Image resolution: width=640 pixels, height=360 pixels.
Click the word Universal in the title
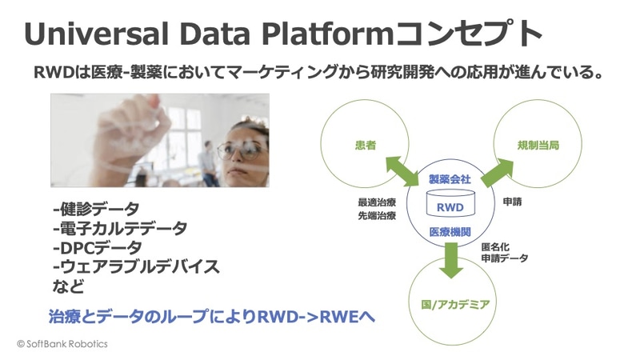96,34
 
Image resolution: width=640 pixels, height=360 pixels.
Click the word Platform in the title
326,34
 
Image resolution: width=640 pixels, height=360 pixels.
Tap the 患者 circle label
366,146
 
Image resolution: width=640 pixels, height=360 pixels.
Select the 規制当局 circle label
538,146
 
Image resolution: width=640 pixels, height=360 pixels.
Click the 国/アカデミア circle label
455,305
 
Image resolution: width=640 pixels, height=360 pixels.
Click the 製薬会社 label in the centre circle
450,179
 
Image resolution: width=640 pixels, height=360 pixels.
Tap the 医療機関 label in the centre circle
450,232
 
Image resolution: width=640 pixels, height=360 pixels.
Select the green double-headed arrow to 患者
402,170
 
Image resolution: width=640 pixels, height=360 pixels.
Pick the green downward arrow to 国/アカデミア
451,261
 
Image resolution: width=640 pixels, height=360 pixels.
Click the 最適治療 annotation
377,202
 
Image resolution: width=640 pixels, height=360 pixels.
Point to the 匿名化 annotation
495,247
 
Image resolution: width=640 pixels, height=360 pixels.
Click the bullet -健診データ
96,210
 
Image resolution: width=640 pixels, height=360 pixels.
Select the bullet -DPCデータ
98,248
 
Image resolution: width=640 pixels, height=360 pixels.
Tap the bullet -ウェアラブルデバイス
136,267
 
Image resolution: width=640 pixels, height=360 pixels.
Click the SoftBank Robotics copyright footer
62,344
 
